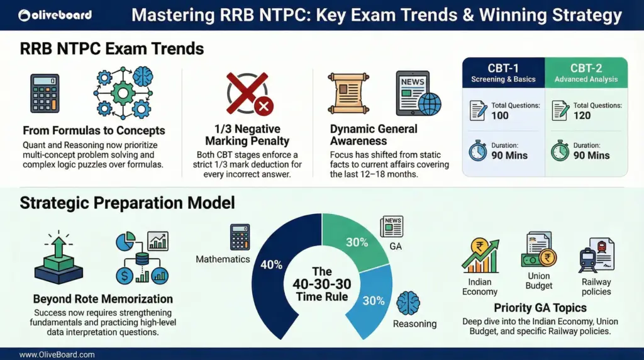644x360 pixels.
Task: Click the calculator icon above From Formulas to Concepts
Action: [46, 94]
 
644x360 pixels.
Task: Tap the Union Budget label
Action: [539, 281]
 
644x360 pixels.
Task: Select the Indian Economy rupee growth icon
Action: [480, 256]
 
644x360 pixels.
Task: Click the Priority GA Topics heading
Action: [540, 308]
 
